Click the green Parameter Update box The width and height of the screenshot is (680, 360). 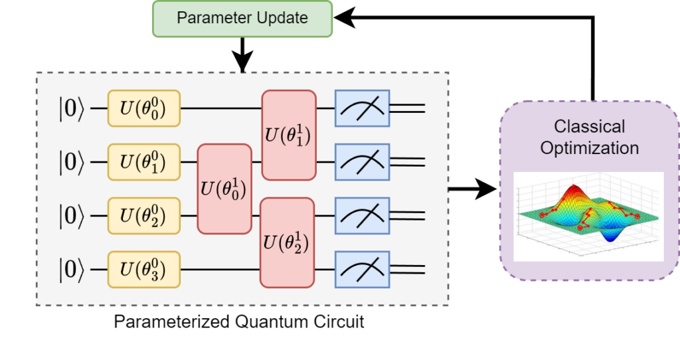[242, 19]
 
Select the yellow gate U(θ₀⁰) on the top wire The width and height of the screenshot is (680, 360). [144, 108]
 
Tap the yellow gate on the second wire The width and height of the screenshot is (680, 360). [144, 161]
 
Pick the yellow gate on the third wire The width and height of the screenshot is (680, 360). [144, 216]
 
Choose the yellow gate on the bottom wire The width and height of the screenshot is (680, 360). [144, 270]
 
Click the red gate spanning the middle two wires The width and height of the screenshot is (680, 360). [224, 189]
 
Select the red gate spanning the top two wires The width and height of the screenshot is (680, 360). [289, 135]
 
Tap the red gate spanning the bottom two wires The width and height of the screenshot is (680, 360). [289, 242]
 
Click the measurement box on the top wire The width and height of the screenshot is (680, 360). [362, 108]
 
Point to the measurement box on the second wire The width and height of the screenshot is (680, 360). [362, 161]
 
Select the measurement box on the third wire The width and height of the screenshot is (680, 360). [362, 216]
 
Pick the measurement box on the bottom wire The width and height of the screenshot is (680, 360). [362, 270]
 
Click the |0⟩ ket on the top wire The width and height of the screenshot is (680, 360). [72, 108]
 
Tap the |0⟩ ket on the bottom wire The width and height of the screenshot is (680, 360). [72, 270]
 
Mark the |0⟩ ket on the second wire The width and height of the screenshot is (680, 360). [72, 161]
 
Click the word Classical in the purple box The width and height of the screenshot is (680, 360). [590, 126]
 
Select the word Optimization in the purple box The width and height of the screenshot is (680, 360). [590, 147]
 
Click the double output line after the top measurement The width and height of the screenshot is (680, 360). [407, 108]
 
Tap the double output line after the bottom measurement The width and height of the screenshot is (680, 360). [407, 270]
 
